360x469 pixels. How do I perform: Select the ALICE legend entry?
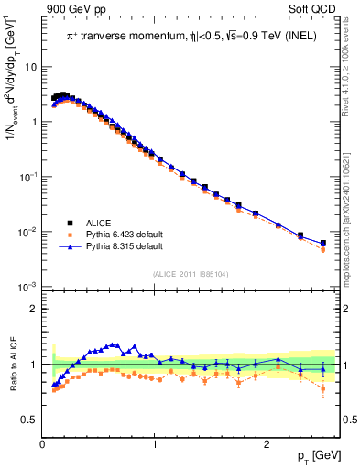pos(100,222)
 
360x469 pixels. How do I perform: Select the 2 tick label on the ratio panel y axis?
pos(33,309)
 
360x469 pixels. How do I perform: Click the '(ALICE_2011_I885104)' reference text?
pos(190,273)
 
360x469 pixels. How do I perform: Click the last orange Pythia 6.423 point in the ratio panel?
pos(322,389)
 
